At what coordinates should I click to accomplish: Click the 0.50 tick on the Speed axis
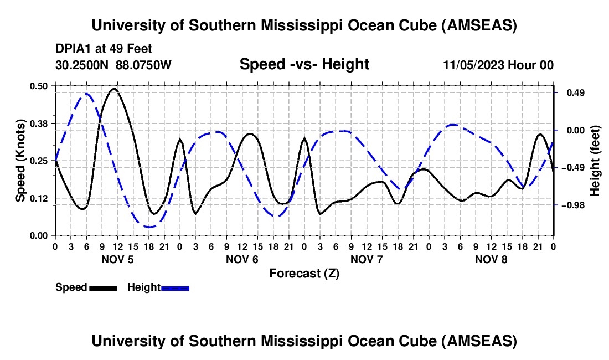point(40,85)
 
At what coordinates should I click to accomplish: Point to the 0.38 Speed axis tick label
point(40,123)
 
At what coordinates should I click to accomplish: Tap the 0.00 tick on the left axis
point(40,235)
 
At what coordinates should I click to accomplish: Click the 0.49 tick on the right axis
point(571,92)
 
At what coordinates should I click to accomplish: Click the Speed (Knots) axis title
point(20,161)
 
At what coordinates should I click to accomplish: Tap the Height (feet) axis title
point(595,161)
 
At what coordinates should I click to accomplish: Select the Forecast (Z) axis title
point(304,273)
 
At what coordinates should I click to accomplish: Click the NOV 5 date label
point(117,259)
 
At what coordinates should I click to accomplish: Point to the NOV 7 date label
point(367,259)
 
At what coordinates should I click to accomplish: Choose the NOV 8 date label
point(491,259)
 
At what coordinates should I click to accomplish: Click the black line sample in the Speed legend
point(104,287)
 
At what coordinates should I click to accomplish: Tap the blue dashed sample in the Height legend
point(176,287)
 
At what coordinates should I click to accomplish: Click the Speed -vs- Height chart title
point(304,65)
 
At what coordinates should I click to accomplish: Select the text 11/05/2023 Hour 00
point(498,65)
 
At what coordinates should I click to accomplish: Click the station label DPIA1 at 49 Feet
point(104,49)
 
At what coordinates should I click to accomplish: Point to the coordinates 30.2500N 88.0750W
point(113,65)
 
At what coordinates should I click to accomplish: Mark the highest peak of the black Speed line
point(114,89)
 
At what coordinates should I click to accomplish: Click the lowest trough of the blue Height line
point(148,227)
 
